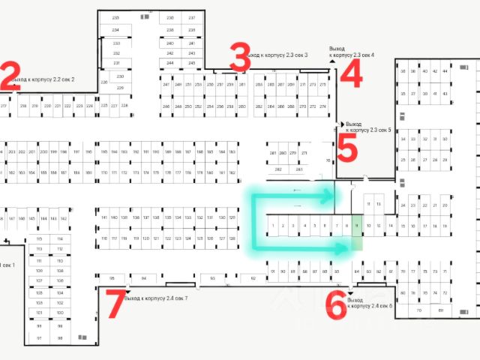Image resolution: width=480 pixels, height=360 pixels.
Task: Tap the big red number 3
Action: pyautogui.click(x=239, y=58)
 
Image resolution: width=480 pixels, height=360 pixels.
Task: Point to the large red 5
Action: pyautogui.click(x=347, y=148)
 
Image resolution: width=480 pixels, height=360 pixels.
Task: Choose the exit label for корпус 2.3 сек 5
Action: pyautogui.click(x=368, y=127)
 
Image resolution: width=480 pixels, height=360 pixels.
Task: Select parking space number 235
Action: pyautogui.click(x=115, y=17)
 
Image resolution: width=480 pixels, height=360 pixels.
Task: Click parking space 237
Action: pyautogui.click(x=191, y=17)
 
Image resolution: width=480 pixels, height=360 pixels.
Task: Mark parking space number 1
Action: pyautogui.click(x=273, y=225)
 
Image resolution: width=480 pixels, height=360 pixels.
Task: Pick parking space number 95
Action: pyautogui.click(x=112, y=277)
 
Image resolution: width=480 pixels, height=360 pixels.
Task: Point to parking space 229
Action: pyautogui.click(x=120, y=88)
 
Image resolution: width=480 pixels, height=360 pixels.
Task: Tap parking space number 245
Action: pyautogui.click(x=191, y=63)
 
